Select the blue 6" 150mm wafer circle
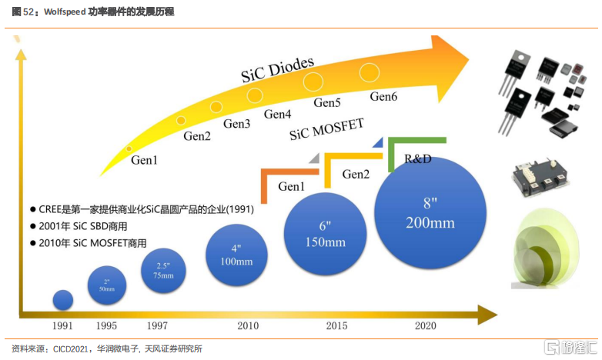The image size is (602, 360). click(x=325, y=232)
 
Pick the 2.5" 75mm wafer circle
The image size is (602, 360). click(x=162, y=271)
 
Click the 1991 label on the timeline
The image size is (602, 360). click(x=62, y=326)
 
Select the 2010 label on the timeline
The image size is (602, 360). click(x=248, y=326)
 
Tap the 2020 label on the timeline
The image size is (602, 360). click(x=425, y=326)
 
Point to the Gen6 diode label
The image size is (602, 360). click(x=383, y=97)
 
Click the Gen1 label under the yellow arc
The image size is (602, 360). click(x=144, y=161)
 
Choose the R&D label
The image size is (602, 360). click(x=418, y=158)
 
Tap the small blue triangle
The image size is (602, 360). click(x=378, y=142)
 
